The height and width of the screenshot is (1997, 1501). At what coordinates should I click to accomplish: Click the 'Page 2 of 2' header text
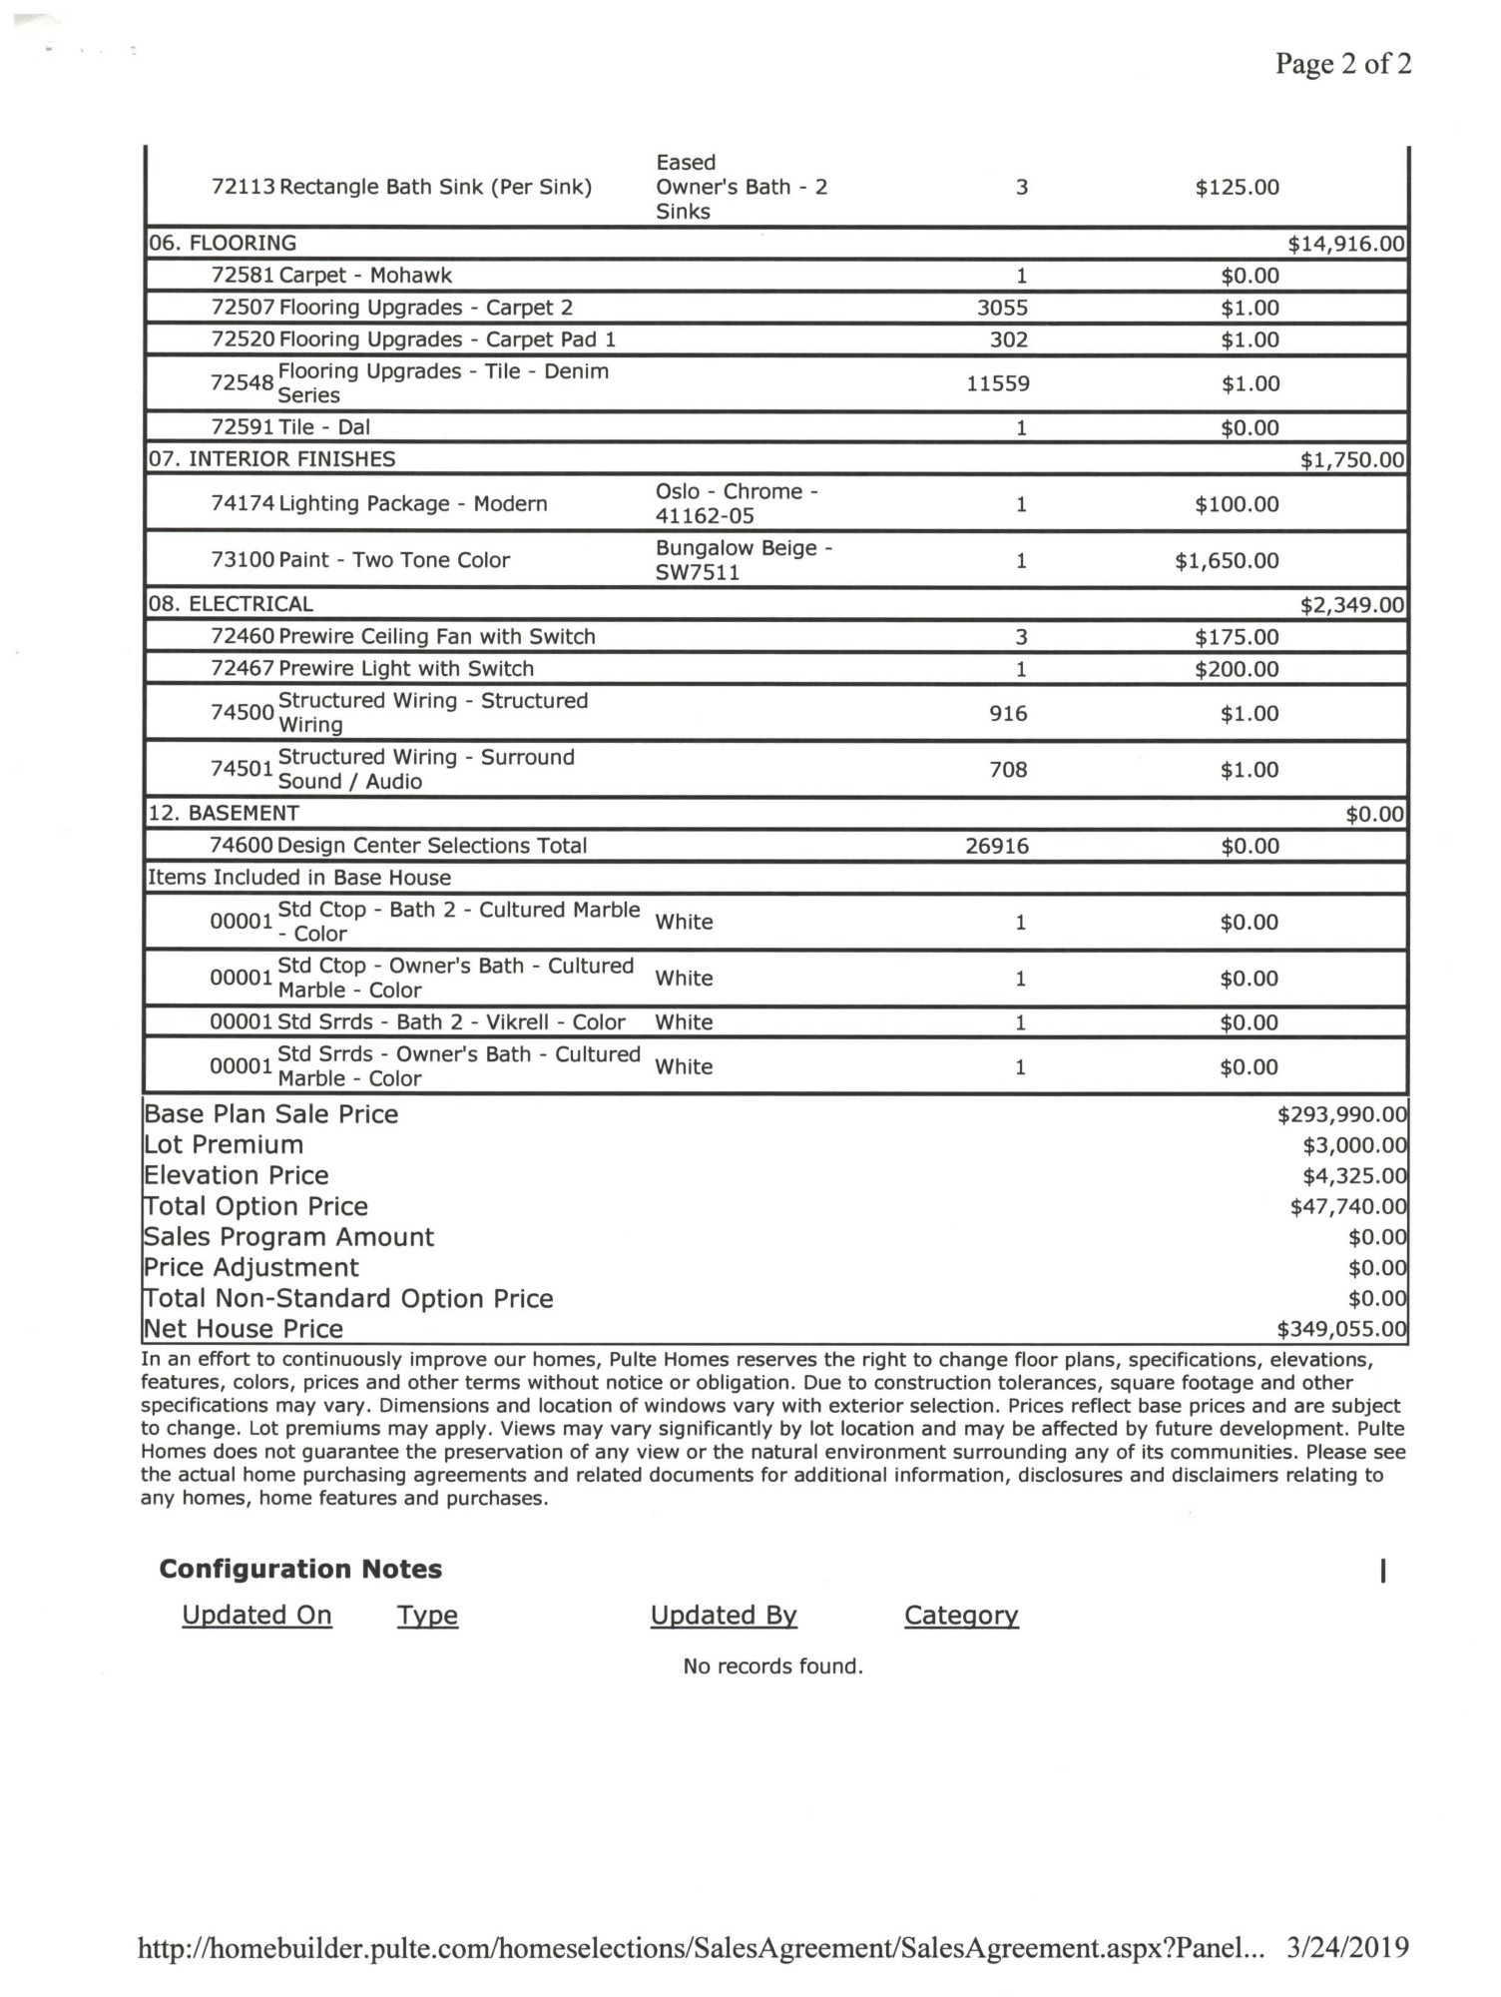1342,64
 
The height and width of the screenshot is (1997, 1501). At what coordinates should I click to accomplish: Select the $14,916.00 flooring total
1345,244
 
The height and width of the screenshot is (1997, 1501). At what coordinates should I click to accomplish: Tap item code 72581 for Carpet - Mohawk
243,276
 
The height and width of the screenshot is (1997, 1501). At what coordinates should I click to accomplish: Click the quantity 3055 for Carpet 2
1002,308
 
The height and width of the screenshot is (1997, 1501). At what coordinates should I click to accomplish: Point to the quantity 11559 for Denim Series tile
998,383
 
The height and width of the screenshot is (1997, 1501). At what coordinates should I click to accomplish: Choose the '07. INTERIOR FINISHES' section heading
271,459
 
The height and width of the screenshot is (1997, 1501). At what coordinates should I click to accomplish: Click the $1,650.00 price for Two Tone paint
1227,560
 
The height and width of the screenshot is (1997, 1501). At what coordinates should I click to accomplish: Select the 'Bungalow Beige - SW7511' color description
744,560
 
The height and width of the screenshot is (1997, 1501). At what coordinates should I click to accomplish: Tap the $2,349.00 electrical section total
1351,605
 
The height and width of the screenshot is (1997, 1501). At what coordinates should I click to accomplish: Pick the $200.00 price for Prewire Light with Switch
1237,669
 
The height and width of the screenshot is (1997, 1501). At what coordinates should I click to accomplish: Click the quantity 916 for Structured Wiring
1008,713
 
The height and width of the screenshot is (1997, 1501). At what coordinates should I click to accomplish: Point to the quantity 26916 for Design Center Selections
997,846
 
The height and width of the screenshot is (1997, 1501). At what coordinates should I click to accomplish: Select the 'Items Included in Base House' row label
299,878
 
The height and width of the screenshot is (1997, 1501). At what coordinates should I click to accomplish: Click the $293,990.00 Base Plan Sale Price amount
1341,1114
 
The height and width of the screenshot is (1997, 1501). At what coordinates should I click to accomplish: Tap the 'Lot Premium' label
224,1144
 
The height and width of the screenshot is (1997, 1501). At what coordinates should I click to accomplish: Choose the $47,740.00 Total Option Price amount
1347,1206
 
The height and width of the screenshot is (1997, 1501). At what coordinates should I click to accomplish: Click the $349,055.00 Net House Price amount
1341,1329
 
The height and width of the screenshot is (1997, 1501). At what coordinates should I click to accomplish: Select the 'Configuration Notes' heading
300,1569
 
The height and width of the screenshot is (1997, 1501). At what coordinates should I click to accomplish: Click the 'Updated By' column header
724,1615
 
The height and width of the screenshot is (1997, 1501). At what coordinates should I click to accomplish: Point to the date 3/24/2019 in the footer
1347,1947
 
